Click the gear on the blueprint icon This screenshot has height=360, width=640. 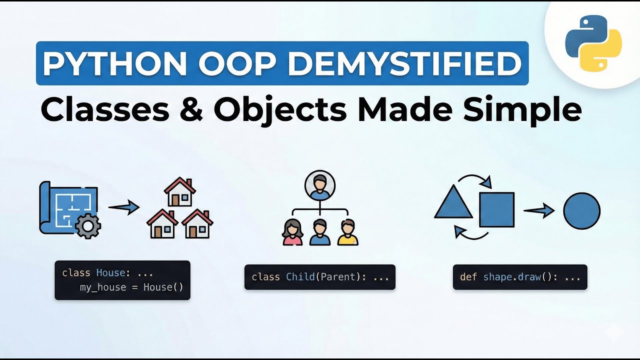pyautogui.click(x=88, y=226)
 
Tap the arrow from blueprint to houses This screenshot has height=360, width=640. pyautogui.click(x=123, y=206)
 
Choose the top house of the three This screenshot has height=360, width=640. pyautogui.click(x=179, y=192)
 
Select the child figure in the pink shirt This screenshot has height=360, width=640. pyautogui.click(x=292, y=232)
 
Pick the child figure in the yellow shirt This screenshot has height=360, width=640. pyautogui.click(x=347, y=232)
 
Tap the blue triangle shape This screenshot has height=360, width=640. pyautogui.click(x=453, y=203)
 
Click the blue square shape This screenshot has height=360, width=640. pyautogui.click(x=496, y=209)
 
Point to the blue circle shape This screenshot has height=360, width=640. pyautogui.click(x=581, y=210)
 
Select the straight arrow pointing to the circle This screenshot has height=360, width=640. pyautogui.click(x=539, y=210)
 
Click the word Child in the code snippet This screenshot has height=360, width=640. pyautogui.click(x=300, y=276)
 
